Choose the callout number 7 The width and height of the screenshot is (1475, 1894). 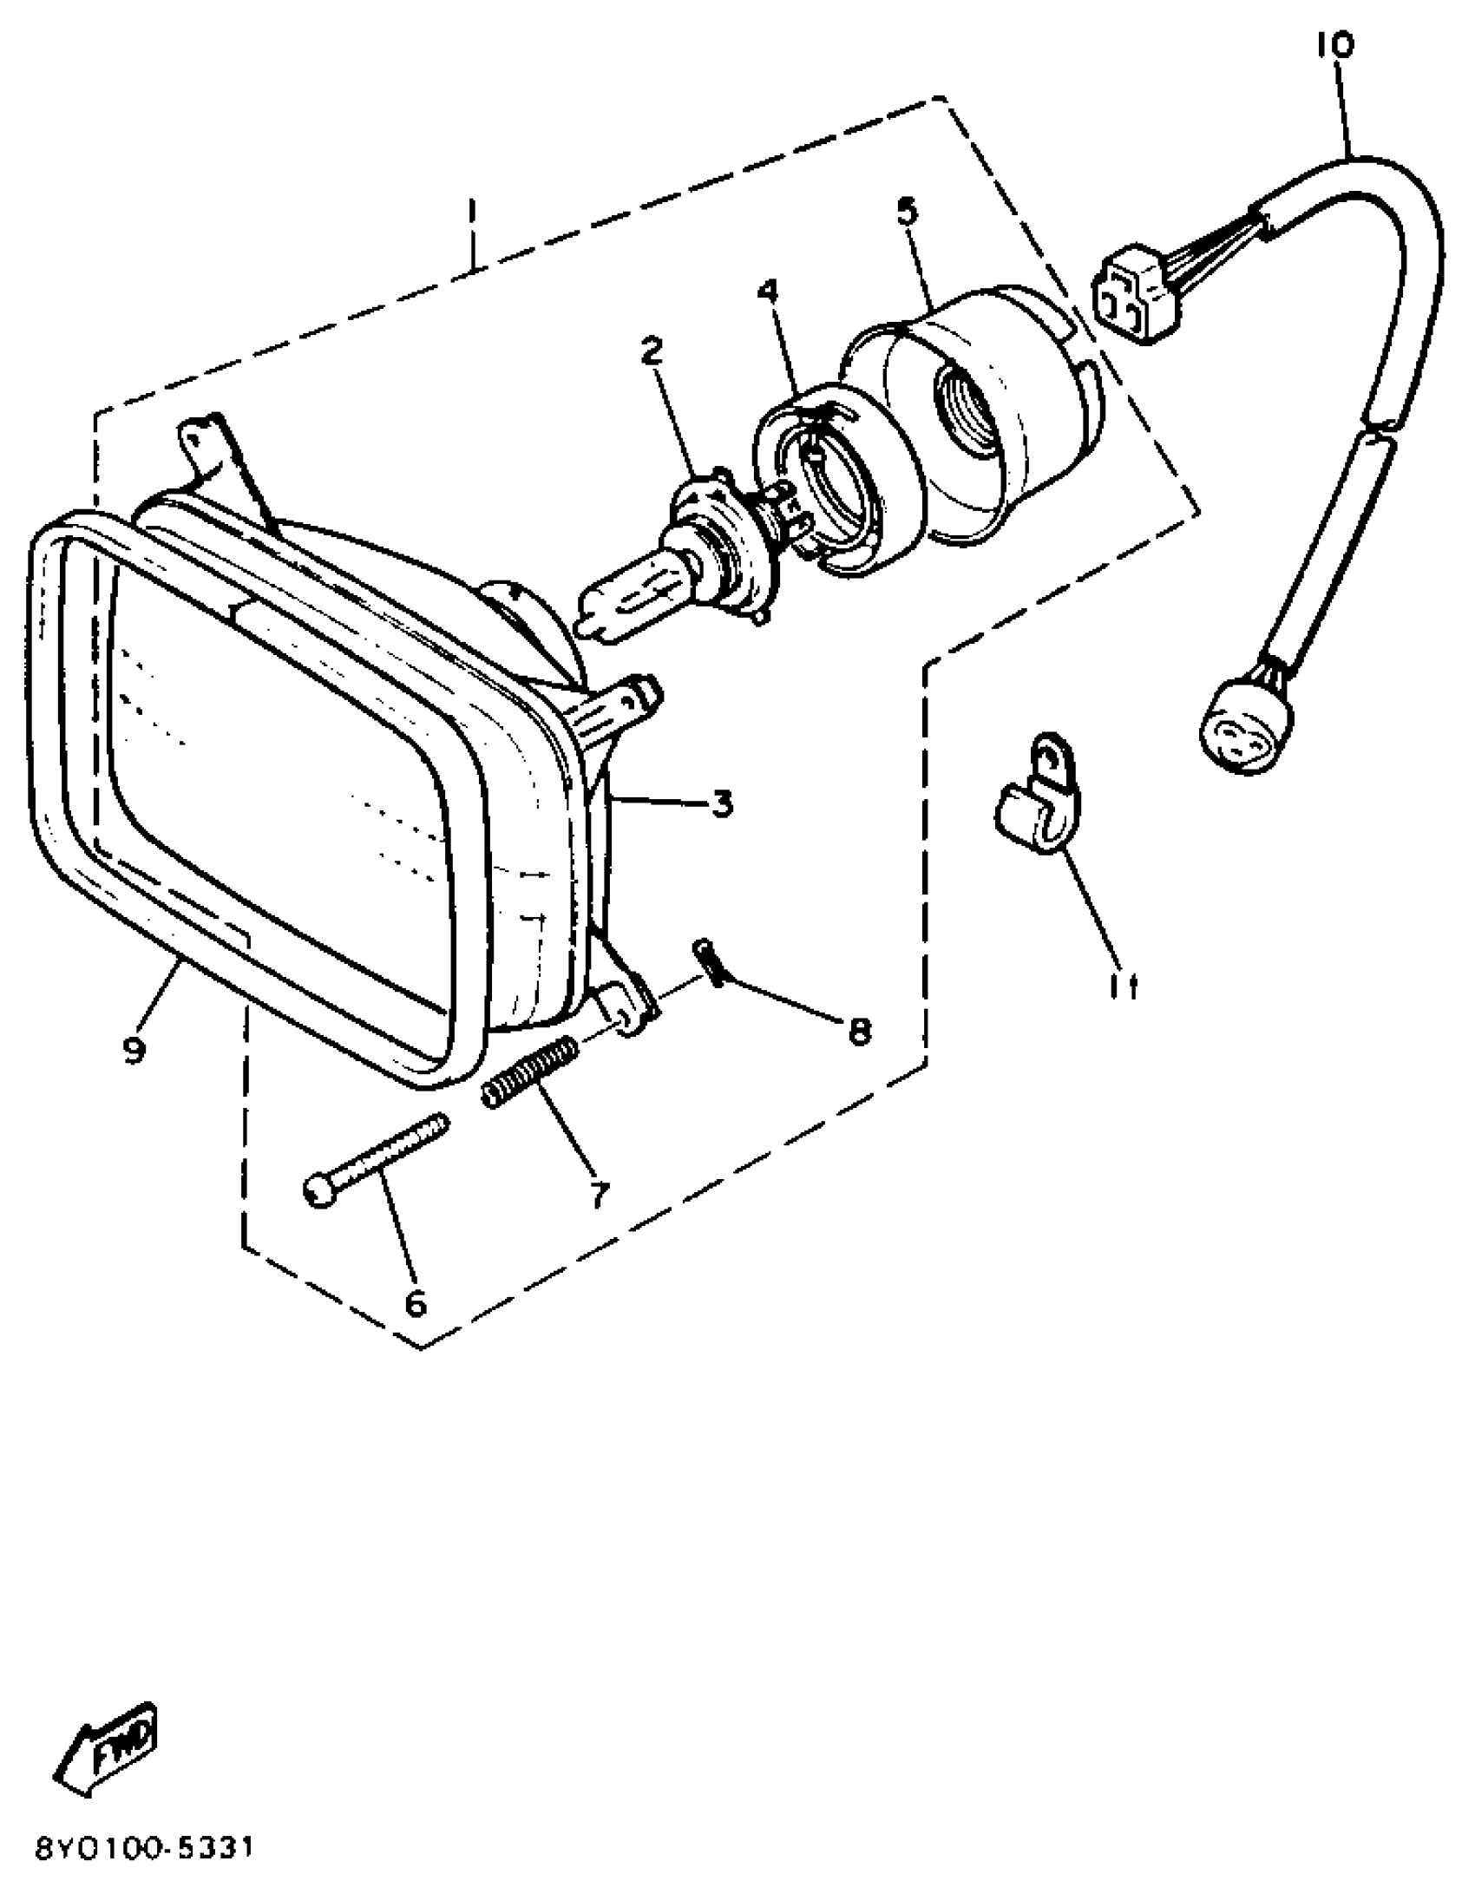click(x=600, y=1194)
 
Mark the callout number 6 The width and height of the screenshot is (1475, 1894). click(x=416, y=1302)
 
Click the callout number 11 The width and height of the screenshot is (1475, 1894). click(x=1124, y=986)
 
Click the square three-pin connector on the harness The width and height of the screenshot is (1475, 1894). click(x=1136, y=296)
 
